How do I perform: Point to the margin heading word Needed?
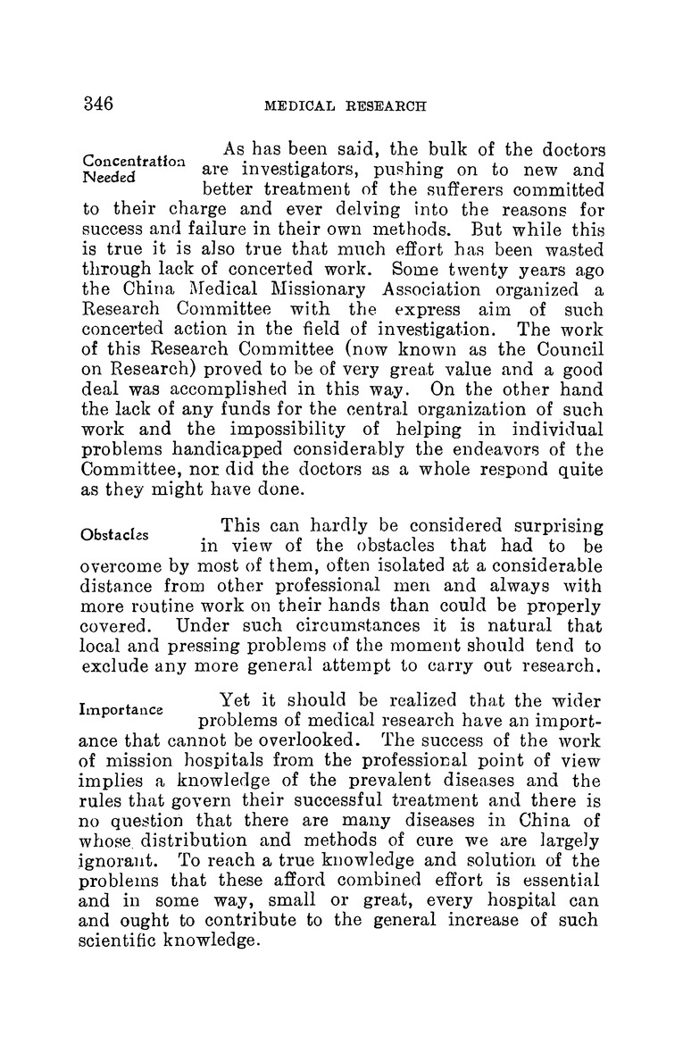109,177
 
